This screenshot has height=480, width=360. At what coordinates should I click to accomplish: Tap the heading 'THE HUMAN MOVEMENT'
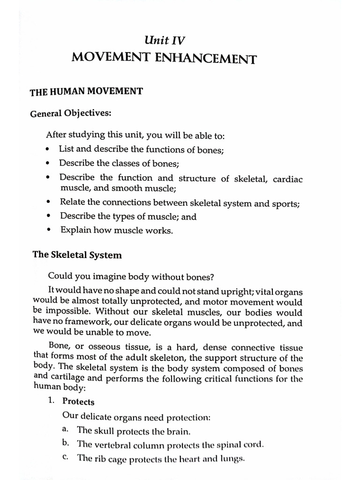[86, 91]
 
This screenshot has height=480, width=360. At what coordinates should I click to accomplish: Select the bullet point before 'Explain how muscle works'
[49, 231]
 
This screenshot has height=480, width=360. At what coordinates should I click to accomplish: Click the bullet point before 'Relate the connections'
[49, 203]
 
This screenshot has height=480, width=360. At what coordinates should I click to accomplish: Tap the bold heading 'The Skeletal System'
[77, 255]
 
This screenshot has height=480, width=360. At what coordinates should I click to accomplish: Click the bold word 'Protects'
[78, 402]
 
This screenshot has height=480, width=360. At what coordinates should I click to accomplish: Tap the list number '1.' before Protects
[52, 402]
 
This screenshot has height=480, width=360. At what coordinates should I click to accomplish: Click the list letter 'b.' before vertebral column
[66, 443]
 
